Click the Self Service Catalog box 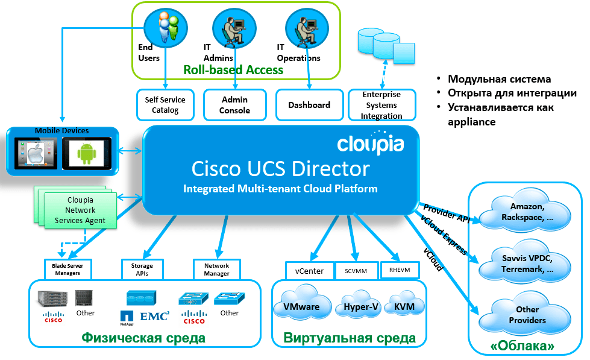tap(165, 105)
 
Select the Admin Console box tap(234, 105)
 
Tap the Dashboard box tap(309, 105)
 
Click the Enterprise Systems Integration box tap(381, 105)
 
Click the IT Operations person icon tap(306, 29)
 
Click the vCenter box tap(309, 271)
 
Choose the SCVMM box tap(356, 271)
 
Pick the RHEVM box tap(400, 270)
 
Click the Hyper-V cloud tap(360, 305)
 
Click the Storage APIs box tap(137, 270)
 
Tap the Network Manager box tap(216, 270)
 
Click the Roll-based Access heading tap(233, 70)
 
